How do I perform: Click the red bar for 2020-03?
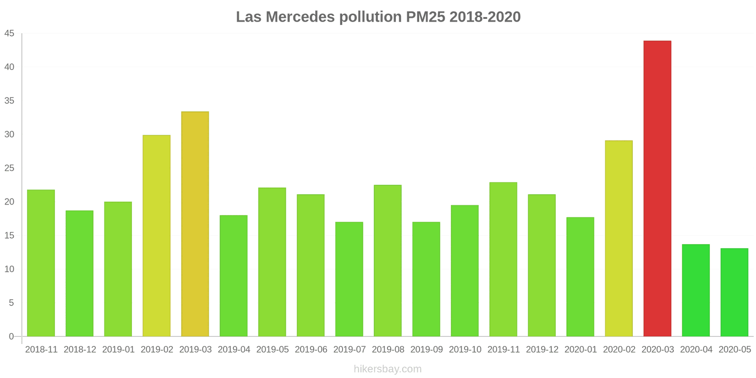coord(657,189)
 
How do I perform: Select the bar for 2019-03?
coord(195,224)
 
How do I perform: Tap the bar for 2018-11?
coord(41,263)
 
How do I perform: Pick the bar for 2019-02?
coord(156,236)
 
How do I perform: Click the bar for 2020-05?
coord(734,292)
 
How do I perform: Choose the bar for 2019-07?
coord(349,279)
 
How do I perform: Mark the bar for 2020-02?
coord(619,239)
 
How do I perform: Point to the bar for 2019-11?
coord(503,259)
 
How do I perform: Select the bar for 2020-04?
coord(696,290)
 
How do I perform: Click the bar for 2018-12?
coord(79,274)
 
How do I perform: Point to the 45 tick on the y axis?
coord(9,34)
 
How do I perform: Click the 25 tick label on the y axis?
coord(9,168)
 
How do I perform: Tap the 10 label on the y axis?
coord(9,269)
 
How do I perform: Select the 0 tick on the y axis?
coord(11,336)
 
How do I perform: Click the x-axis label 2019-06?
coord(311,350)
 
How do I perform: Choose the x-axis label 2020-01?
coord(580,350)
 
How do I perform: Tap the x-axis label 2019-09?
coord(426,350)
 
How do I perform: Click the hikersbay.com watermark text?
coord(387,369)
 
